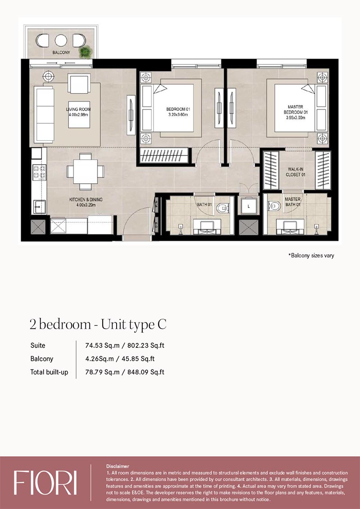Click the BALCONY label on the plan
[61, 52]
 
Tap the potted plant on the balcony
[86, 52]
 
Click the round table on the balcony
[61, 40]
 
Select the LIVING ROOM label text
[78, 109]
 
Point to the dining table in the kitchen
[85, 171]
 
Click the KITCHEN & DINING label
[84, 200]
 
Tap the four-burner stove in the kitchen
[39, 172]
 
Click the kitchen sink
[39, 207]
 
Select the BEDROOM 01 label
[178, 109]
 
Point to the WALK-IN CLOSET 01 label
[295, 172]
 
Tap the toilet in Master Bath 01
[274, 205]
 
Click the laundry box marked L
[248, 206]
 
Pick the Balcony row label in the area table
[42, 359]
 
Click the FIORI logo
[45, 483]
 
